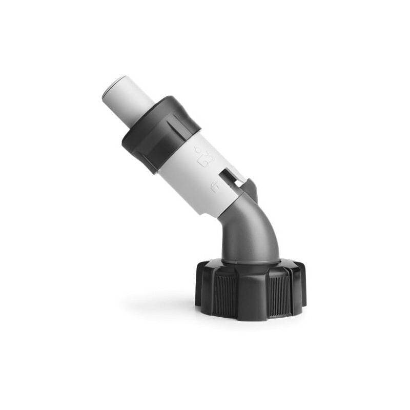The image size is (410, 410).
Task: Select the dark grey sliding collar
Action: [159, 133]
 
